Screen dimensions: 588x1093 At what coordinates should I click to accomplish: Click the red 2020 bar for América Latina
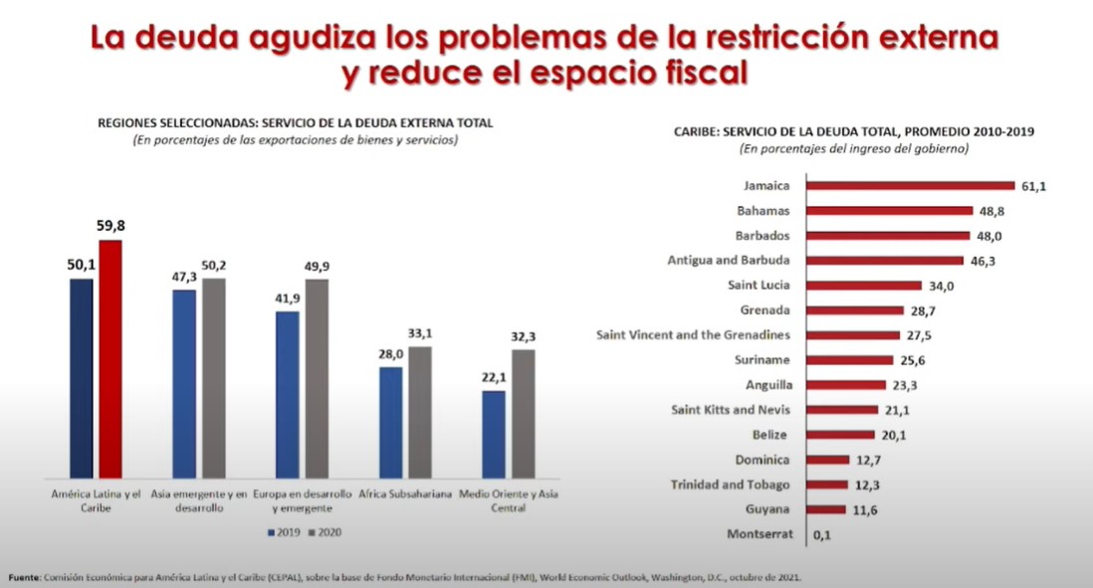(x=111, y=359)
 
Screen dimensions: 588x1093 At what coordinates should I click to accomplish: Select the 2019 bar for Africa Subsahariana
(x=391, y=422)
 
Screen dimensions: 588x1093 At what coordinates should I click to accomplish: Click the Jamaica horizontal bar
(x=910, y=185)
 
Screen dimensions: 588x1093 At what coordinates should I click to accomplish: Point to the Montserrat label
(x=760, y=534)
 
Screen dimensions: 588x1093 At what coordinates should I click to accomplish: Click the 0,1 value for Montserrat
(x=822, y=535)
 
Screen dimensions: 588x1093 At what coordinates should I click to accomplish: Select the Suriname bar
(x=850, y=360)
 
